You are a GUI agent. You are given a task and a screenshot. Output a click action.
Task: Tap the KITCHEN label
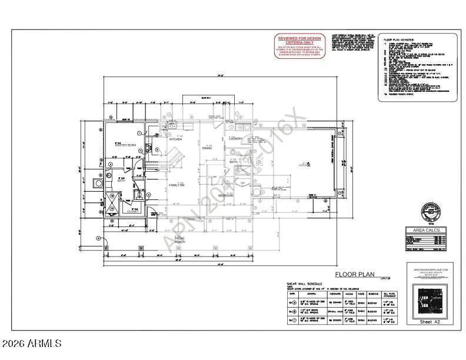tap(175, 139)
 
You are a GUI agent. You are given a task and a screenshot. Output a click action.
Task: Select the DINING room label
tap(207, 148)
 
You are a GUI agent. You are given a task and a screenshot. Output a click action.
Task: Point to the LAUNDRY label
tap(237, 139)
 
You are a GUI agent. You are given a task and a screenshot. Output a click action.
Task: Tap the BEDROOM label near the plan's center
tap(227, 195)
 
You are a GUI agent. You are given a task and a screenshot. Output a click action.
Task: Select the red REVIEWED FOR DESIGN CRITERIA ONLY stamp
tap(300, 46)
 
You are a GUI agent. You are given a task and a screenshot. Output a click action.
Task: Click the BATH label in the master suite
tap(122, 180)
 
